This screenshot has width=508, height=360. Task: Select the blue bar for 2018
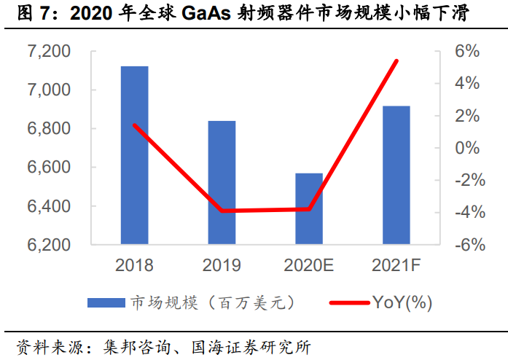click(x=134, y=154)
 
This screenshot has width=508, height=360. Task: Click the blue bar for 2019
click(x=222, y=182)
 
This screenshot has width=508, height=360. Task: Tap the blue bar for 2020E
click(x=309, y=208)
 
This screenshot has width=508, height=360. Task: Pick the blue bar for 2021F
click(x=396, y=175)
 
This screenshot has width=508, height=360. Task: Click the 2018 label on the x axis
click(x=134, y=265)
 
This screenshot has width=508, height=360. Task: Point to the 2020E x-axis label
click(x=309, y=265)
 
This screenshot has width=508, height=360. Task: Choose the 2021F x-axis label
click(x=396, y=265)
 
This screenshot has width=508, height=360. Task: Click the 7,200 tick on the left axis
click(x=49, y=52)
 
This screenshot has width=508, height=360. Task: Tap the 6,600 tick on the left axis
click(x=49, y=168)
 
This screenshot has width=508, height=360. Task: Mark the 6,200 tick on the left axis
click(x=49, y=245)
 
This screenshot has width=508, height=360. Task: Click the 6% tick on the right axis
click(x=467, y=52)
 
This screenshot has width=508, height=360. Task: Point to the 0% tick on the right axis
click(x=467, y=148)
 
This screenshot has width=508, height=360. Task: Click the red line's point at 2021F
click(x=396, y=60)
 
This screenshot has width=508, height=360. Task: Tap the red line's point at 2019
click(x=222, y=211)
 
